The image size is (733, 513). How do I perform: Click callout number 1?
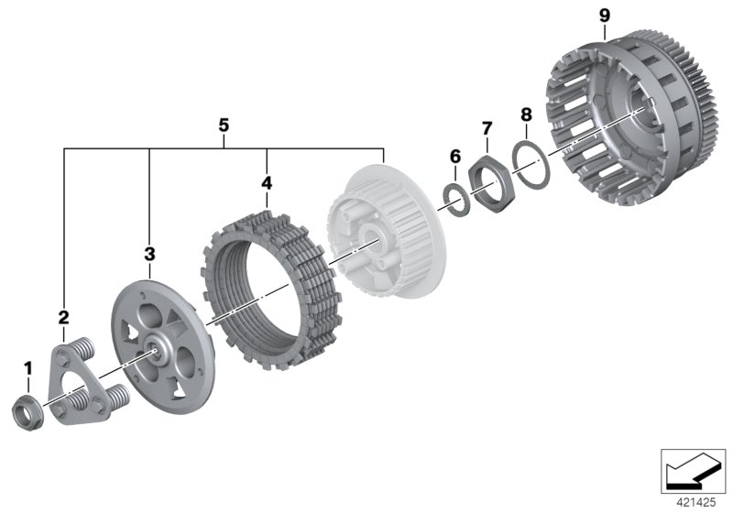[28, 368]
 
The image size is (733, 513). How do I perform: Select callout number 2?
[63, 318]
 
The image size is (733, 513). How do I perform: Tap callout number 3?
[149, 254]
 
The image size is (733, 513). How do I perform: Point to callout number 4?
[267, 183]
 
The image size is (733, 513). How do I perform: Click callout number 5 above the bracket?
[224, 126]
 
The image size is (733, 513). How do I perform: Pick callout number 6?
[455, 157]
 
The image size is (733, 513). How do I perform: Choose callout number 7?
[487, 128]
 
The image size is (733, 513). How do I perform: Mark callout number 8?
[526, 115]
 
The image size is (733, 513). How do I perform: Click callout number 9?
[605, 16]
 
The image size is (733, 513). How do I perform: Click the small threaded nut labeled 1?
[27, 412]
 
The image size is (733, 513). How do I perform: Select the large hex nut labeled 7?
[491, 182]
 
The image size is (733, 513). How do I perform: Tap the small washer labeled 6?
[456, 200]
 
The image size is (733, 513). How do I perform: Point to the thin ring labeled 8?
[531, 165]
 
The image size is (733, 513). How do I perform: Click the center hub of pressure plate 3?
[153, 346]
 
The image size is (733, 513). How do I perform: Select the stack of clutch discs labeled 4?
[272, 290]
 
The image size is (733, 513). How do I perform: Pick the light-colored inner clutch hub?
[387, 232]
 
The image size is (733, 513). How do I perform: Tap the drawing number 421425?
[696, 503]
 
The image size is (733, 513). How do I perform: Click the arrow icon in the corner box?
[694, 472]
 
